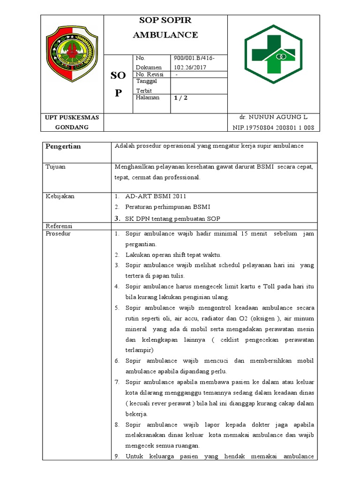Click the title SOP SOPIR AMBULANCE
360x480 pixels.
click(x=165, y=28)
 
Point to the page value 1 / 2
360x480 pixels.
click(x=180, y=98)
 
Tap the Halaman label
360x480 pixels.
click(x=147, y=97)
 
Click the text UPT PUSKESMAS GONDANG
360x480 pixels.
click(x=72, y=122)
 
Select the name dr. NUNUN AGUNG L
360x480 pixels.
click(x=273, y=117)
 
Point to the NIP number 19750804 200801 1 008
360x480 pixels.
click(x=273, y=127)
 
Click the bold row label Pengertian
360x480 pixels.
click(x=63, y=146)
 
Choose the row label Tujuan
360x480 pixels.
click(x=55, y=167)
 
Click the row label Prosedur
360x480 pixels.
click(x=58, y=233)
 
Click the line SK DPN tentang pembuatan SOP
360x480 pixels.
click(x=172, y=218)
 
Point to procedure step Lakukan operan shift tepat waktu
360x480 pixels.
click(x=173, y=255)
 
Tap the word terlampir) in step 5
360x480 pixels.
click(x=139, y=350)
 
